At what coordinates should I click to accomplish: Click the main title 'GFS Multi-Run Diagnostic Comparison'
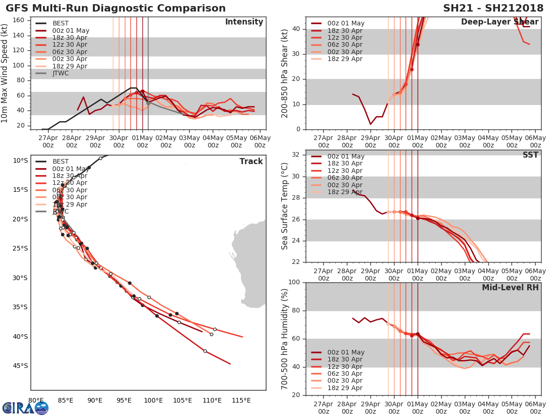click(116, 8)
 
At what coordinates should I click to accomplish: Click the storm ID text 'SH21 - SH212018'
click(493, 8)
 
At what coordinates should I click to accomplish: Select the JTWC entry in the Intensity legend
click(61, 73)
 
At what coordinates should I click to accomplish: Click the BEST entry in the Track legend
click(61, 161)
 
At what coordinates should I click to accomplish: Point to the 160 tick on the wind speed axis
click(19, 20)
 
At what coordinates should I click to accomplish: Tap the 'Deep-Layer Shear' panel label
click(499, 22)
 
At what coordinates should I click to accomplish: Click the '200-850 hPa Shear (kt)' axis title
click(285, 73)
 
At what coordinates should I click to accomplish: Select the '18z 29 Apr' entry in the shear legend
click(345, 59)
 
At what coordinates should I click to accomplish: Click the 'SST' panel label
click(531, 155)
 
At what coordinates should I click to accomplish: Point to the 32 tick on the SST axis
click(296, 155)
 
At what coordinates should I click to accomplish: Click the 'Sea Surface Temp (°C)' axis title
click(285, 206)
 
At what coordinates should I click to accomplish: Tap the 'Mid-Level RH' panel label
click(510, 288)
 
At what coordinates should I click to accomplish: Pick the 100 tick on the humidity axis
click(294, 282)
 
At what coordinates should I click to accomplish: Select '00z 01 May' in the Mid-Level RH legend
click(345, 352)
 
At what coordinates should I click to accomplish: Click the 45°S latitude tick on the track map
click(20, 366)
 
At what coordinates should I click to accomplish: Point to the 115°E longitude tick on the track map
click(241, 400)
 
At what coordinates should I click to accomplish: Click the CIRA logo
click(25, 408)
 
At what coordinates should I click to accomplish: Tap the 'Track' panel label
click(251, 161)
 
